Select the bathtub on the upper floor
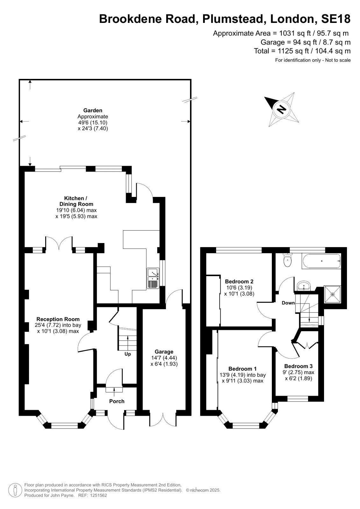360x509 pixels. pos(321,261)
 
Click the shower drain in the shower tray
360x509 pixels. pos(333,295)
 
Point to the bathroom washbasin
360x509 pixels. pos(304,286)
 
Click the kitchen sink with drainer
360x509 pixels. pos(153,278)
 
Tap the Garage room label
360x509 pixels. pos(164,352)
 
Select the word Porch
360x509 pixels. pos(117,401)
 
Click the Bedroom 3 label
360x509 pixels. pos(298,366)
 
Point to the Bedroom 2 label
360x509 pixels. pos(239,281)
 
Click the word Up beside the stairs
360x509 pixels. pos(128,354)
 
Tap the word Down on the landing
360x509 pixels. pos(288,303)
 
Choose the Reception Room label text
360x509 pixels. pos(58,319)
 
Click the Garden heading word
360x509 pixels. pos(93,111)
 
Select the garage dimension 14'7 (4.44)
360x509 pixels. pos(164,358)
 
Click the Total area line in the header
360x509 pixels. pos(302,51)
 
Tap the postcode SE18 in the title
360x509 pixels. pos(336,19)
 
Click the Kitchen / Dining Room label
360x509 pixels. pos(76,201)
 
